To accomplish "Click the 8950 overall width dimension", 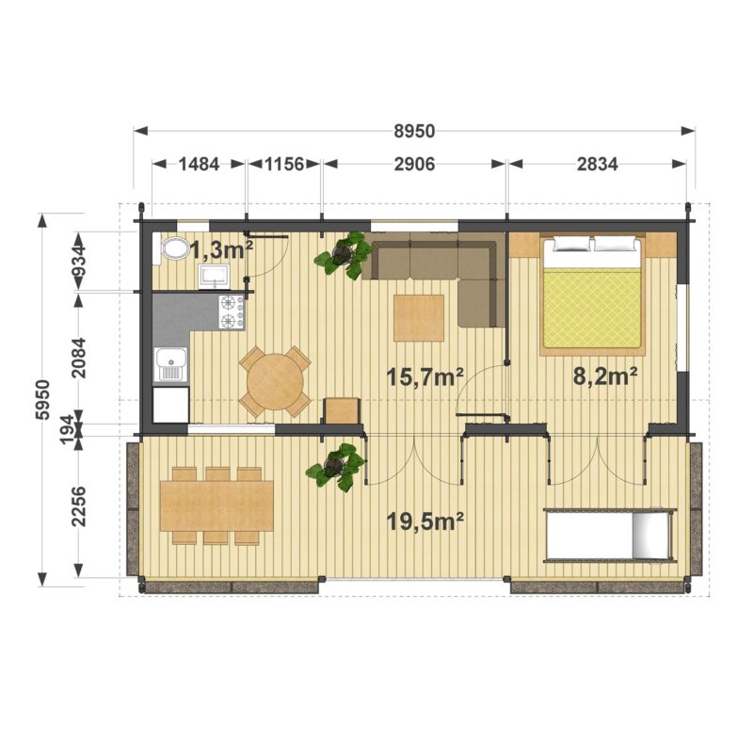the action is (x=414, y=131).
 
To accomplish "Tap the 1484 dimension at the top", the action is (x=199, y=164).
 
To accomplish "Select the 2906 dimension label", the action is (x=414, y=164).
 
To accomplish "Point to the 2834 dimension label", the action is (x=597, y=164).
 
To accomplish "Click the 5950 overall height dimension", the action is (x=43, y=399).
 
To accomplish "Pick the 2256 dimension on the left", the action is (x=78, y=506).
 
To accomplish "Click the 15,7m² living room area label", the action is (x=425, y=376).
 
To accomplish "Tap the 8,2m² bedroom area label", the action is (x=605, y=376).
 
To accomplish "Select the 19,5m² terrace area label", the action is (x=425, y=521).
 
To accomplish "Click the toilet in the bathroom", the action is (x=173, y=248).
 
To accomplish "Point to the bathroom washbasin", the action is (x=215, y=278).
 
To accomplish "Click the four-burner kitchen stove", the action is (x=232, y=312).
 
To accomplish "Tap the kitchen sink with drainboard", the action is (x=170, y=365).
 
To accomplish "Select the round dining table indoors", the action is (x=275, y=381).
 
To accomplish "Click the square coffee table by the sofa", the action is (x=418, y=318).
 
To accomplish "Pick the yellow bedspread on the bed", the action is (x=592, y=308).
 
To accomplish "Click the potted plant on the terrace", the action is (x=335, y=467).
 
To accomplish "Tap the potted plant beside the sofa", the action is (x=344, y=254).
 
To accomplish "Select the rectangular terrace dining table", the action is (x=216, y=506).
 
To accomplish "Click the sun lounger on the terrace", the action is (x=610, y=535).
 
